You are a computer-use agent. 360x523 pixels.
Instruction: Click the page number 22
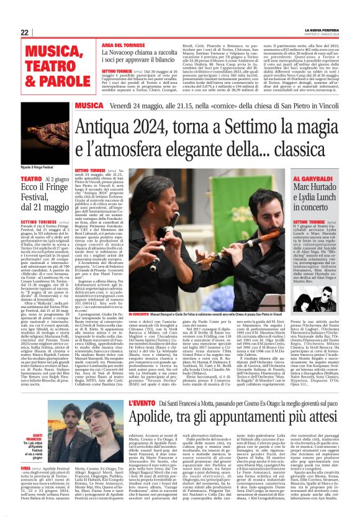click(x=25, y=32)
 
